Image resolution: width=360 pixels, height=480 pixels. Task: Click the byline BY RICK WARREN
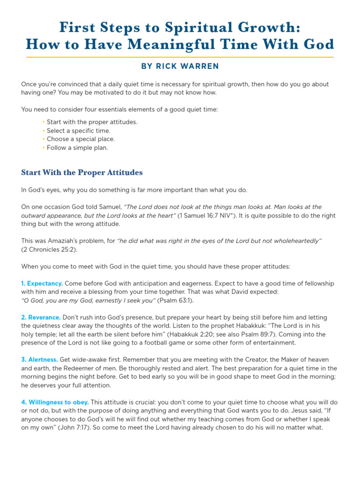point(180,67)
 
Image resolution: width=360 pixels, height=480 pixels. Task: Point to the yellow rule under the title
point(180,57)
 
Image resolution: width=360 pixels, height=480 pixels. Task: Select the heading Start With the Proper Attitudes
point(82,172)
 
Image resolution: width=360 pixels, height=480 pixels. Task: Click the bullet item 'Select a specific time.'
point(78,131)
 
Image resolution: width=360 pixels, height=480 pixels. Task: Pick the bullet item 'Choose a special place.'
point(81,139)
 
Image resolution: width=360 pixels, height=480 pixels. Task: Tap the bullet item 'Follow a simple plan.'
point(77,148)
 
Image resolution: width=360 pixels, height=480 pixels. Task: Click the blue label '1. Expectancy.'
point(42,284)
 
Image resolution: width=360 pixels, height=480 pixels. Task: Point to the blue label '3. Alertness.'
point(40,360)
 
